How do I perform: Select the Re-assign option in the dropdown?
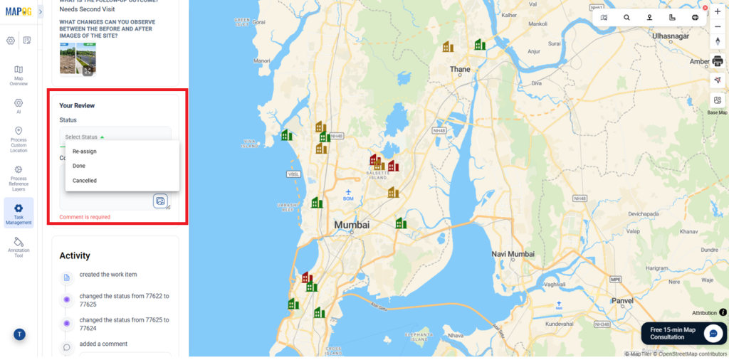(x=85, y=152)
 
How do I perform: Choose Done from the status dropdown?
(x=79, y=166)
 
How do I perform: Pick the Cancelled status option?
(x=85, y=181)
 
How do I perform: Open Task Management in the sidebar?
(x=19, y=213)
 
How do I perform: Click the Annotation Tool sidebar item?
(x=19, y=247)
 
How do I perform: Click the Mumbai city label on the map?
(x=352, y=225)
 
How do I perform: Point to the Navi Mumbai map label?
(x=513, y=254)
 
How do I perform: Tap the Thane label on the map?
(x=460, y=70)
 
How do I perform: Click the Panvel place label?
(x=622, y=300)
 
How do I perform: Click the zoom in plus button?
(x=717, y=12)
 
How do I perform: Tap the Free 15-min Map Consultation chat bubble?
(x=713, y=333)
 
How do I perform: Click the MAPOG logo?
(x=19, y=11)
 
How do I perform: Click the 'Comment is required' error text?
(x=85, y=217)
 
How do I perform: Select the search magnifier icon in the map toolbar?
(x=626, y=17)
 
